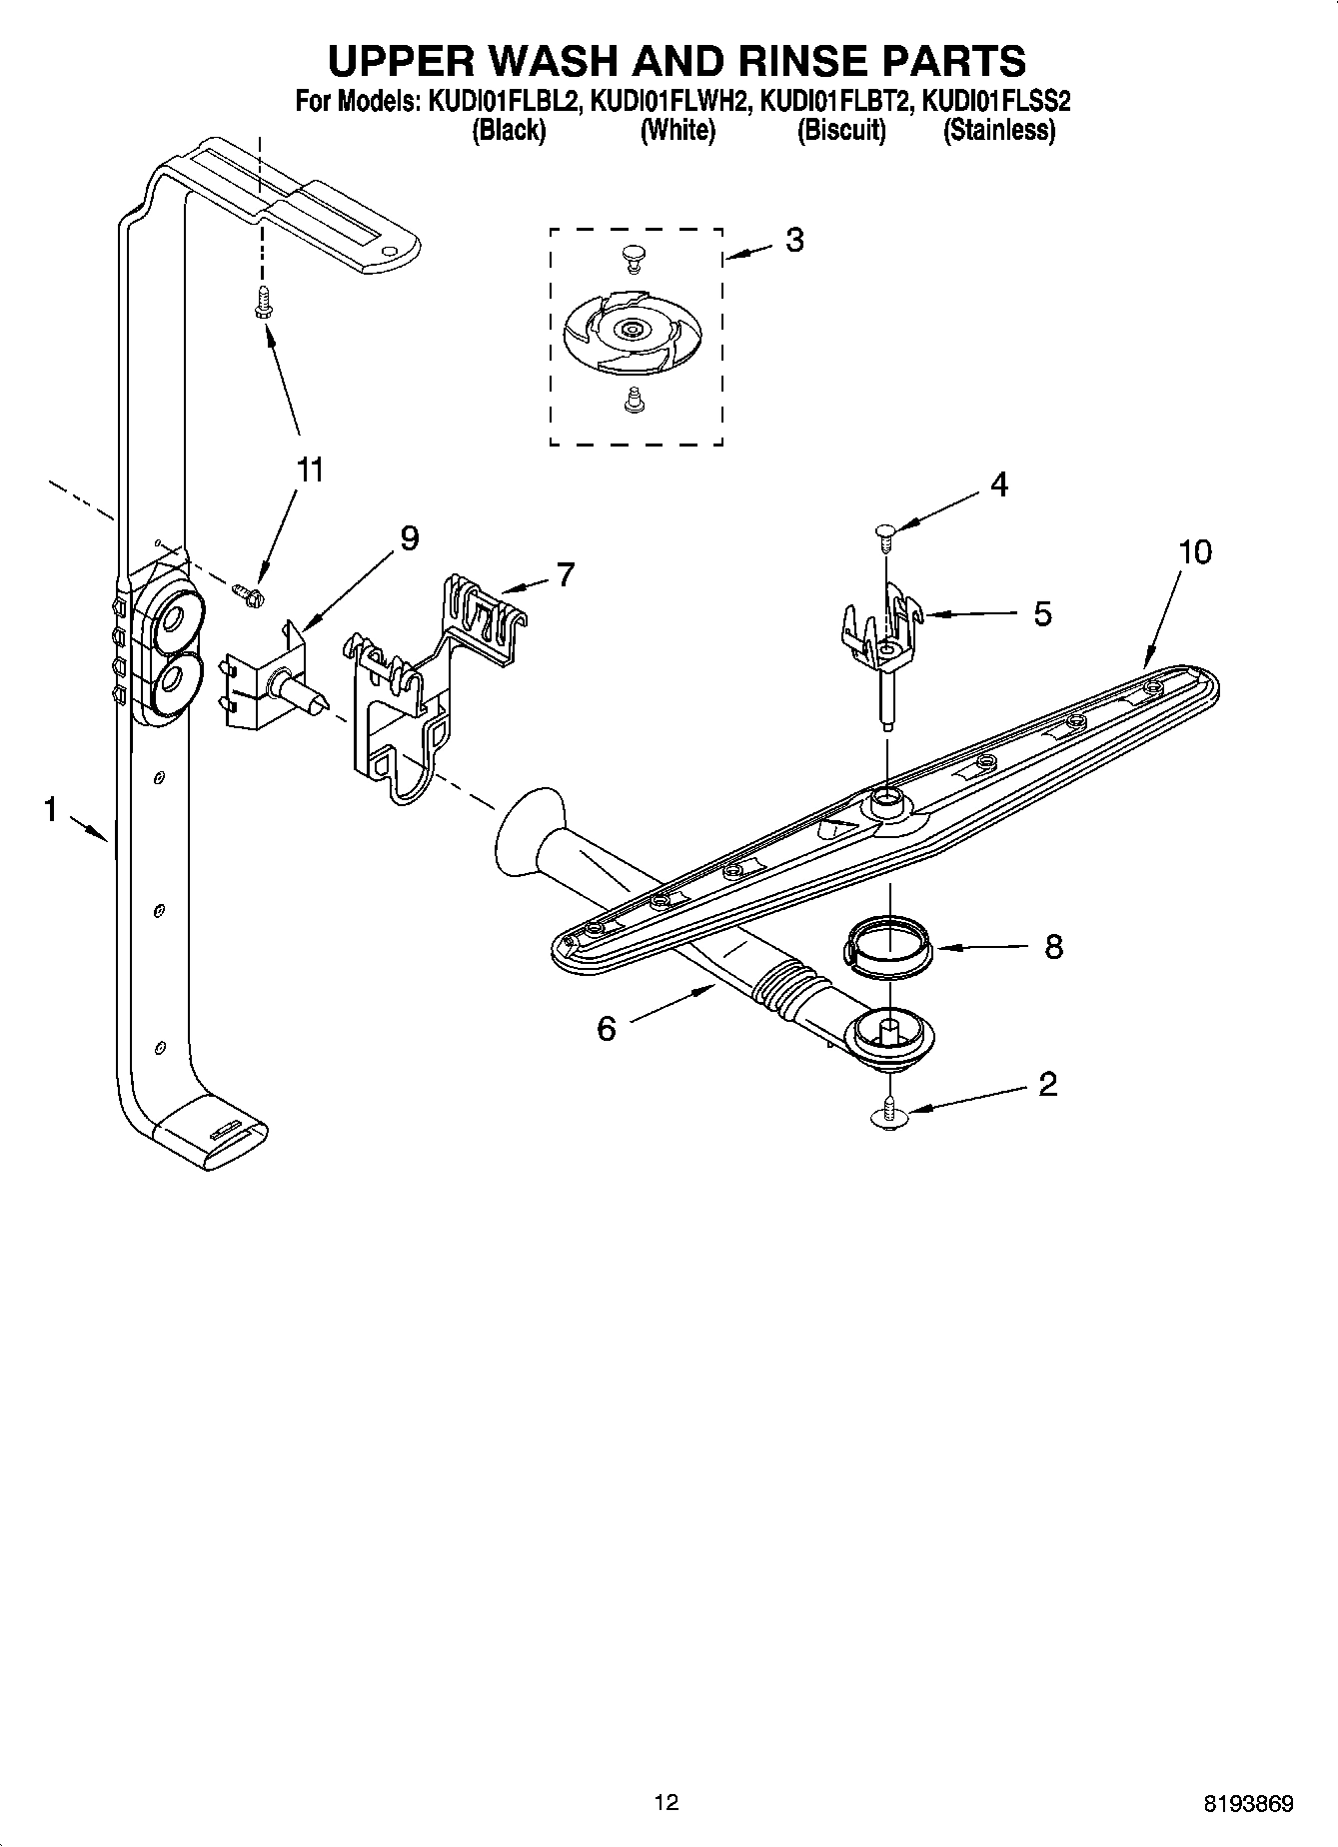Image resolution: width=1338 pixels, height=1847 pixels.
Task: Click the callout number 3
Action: pyautogui.click(x=794, y=240)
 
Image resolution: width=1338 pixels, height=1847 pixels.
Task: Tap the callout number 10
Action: pyautogui.click(x=1194, y=551)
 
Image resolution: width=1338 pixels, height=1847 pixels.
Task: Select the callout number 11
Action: pyautogui.click(x=311, y=469)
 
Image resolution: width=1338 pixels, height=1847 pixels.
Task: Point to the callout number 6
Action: pyautogui.click(x=607, y=1028)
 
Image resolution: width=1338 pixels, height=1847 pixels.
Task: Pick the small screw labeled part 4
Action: pyautogui.click(x=884, y=533)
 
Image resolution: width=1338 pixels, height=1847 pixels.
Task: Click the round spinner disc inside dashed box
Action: pyautogui.click(x=632, y=330)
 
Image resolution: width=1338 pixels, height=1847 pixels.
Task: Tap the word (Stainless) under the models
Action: pyautogui.click(x=998, y=130)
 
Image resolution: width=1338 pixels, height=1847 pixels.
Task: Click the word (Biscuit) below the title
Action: pyautogui.click(x=840, y=130)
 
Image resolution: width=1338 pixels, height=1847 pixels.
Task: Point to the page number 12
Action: pyautogui.click(x=666, y=1801)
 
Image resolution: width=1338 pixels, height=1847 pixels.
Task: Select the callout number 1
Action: pyautogui.click(x=50, y=810)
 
